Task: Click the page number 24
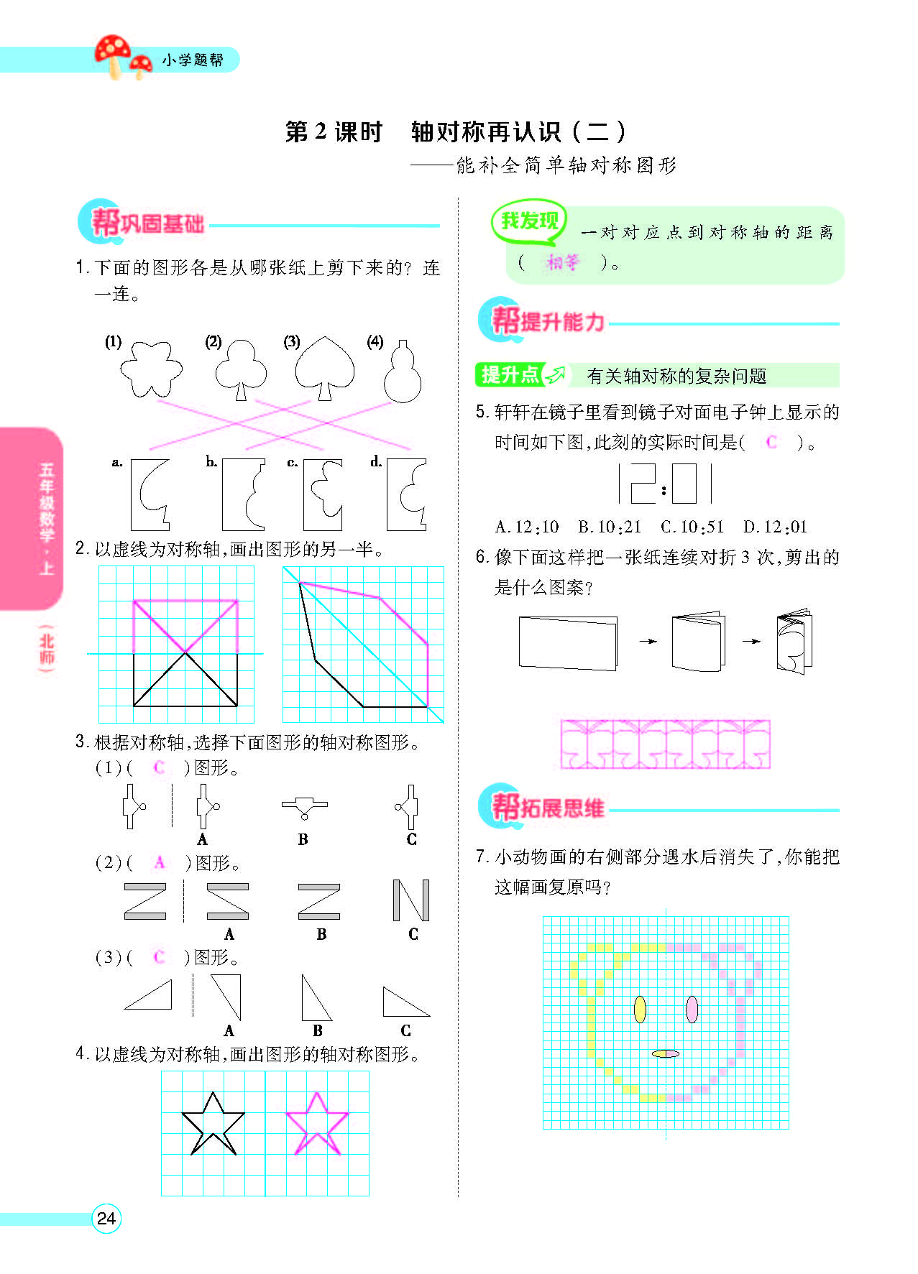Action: (x=106, y=1218)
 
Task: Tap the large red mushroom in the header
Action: (x=113, y=52)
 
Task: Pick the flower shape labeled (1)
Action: (x=151, y=368)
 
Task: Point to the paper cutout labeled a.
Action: (x=150, y=494)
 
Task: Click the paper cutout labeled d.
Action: (x=407, y=494)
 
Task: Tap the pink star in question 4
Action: (x=316, y=1124)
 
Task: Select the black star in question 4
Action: (x=213, y=1124)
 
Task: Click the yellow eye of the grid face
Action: (x=639, y=1009)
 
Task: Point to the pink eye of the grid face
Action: (x=692, y=1009)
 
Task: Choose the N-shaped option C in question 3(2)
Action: (x=411, y=900)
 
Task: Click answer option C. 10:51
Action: (x=692, y=527)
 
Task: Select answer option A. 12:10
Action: (x=527, y=527)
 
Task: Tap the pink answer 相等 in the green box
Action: (x=561, y=262)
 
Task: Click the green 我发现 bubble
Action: (x=529, y=221)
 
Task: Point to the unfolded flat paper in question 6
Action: (x=567, y=642)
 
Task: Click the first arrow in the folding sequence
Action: (x=648, y=641)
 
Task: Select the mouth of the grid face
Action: (x=665, y=1053)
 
